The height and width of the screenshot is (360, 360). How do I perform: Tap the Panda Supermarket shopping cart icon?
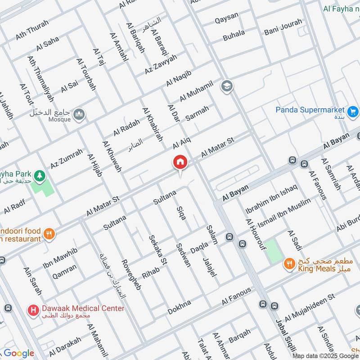click(352, 110)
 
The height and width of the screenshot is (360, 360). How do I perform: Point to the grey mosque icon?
click(80, 114)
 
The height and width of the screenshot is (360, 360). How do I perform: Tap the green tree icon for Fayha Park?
click(40, 174)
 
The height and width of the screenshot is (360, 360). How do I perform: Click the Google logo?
click(18, 353)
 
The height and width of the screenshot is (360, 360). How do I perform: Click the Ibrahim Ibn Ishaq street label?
click(271, 199)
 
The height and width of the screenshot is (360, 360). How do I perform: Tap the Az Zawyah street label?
click(161, 64)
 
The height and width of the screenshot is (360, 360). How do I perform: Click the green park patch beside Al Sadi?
click(271, 251)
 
